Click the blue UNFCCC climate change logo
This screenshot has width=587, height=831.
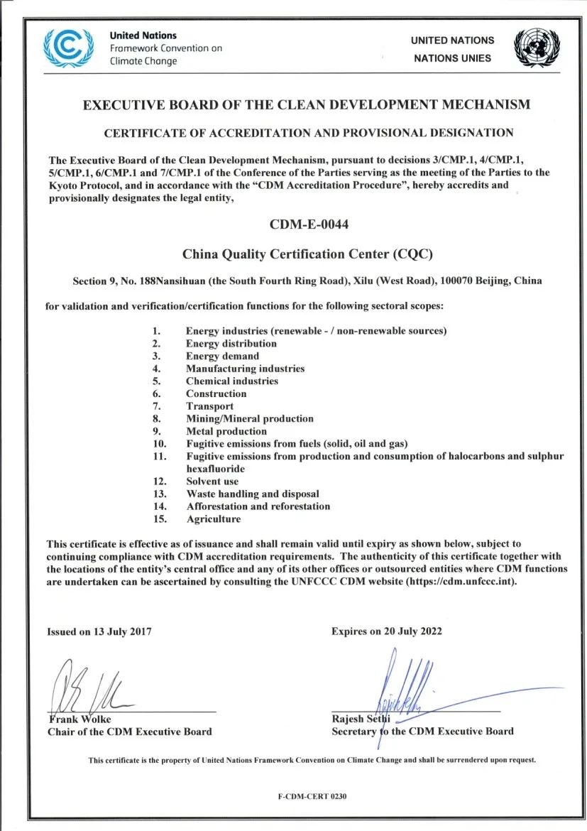68,47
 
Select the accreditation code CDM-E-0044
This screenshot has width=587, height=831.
309,225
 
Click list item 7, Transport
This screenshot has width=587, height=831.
209,406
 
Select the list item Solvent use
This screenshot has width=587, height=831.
212,482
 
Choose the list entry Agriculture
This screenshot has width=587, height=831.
213,519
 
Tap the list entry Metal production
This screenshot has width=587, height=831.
226,431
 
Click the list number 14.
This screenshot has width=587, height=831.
159,506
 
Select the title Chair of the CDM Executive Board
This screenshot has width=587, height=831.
129,732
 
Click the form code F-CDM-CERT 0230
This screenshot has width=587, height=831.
312,797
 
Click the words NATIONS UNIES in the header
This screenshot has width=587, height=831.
452,58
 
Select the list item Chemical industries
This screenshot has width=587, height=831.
232,381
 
